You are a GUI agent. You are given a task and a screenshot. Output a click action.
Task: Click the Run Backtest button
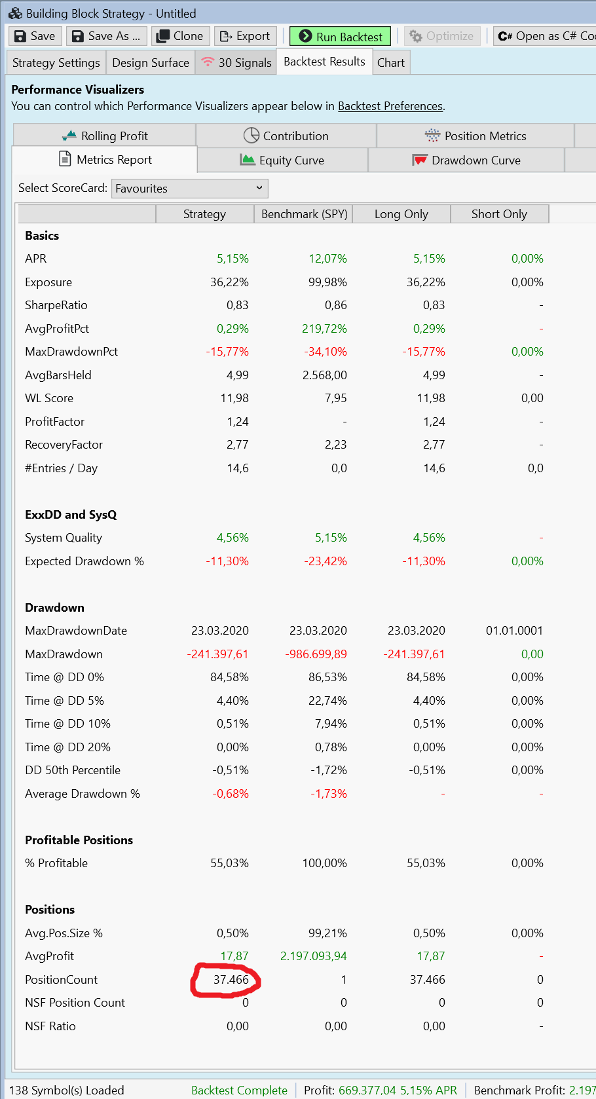(340, 36)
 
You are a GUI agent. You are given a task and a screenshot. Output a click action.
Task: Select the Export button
(245, 36)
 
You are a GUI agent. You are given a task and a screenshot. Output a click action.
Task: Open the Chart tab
(391, 63)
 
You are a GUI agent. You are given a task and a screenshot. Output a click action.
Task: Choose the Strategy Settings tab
(56, 63)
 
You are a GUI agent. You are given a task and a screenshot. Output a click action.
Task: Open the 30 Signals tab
(236, 63)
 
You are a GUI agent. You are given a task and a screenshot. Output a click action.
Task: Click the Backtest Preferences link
(390, 106)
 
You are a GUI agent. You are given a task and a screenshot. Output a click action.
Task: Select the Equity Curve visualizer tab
(282, 160)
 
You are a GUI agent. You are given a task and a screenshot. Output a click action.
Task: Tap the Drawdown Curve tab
(466, 160)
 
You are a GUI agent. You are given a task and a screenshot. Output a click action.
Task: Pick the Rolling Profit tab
(105, 136)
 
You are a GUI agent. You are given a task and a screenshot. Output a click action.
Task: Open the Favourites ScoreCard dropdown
(190, 189)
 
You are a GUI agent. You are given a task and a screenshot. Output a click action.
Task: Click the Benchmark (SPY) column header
(304, 214)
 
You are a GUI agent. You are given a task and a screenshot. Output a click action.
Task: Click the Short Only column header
(499, 214)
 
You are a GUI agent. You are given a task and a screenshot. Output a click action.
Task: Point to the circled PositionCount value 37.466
(231, 980)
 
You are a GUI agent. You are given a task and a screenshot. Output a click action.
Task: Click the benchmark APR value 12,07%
(327, 259)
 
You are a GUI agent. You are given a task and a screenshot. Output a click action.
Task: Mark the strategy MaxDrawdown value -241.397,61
(218, 654)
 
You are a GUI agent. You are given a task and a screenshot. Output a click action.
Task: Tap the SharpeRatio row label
(56, 305)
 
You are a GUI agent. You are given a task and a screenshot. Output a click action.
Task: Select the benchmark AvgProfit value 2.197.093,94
(314, 956)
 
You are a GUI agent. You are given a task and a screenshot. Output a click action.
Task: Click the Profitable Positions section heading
(79, 840)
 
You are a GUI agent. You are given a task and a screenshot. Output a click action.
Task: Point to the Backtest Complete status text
(239, 1090)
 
